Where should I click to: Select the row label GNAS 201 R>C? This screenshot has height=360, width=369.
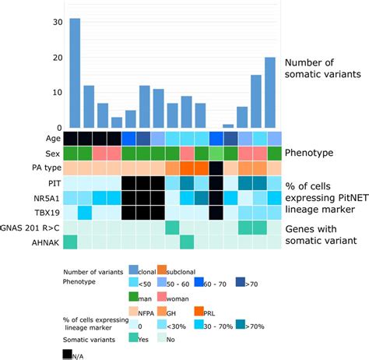[x=31, y=228]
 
